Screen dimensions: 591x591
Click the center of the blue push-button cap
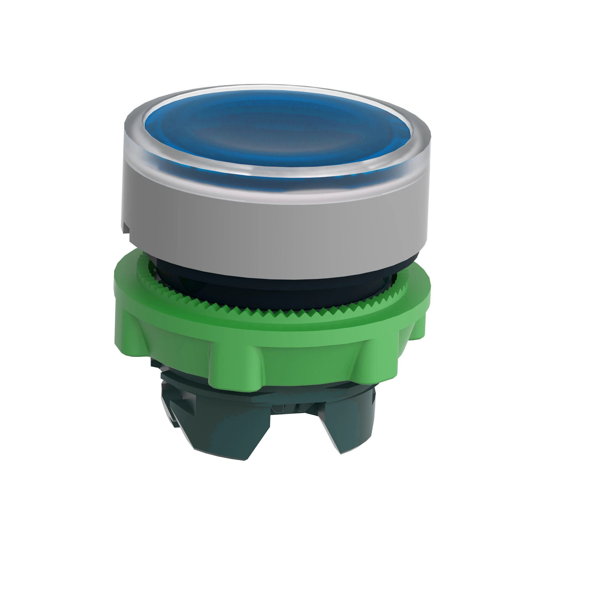[x=277, y=129]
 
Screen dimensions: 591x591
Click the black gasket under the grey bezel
[x=275, y=289]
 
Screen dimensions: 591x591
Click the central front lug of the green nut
[x=236, y=364]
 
